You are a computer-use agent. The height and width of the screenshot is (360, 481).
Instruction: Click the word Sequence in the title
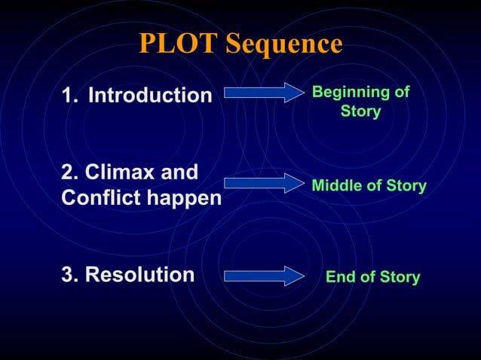[x=284, y=44]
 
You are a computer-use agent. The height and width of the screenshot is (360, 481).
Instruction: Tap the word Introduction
[x=150, y=96]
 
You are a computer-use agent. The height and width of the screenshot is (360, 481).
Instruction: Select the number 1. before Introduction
[x=70, y=96]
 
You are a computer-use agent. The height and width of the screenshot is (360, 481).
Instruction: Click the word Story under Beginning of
[x=360, y=112]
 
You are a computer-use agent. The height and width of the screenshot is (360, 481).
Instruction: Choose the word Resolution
[x=139, y=275]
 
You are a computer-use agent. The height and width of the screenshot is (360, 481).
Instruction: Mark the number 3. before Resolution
[x=70, y=275]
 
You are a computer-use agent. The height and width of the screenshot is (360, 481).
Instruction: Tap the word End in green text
[x=339, y=277]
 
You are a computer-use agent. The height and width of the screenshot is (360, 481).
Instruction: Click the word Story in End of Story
[x=399, y=277]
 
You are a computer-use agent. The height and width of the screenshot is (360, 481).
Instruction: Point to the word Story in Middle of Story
[x=406, y=185]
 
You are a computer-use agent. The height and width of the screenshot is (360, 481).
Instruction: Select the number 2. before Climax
[x=69, y=172]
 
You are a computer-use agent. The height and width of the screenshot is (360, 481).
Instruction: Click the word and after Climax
[x=181, y=172]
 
